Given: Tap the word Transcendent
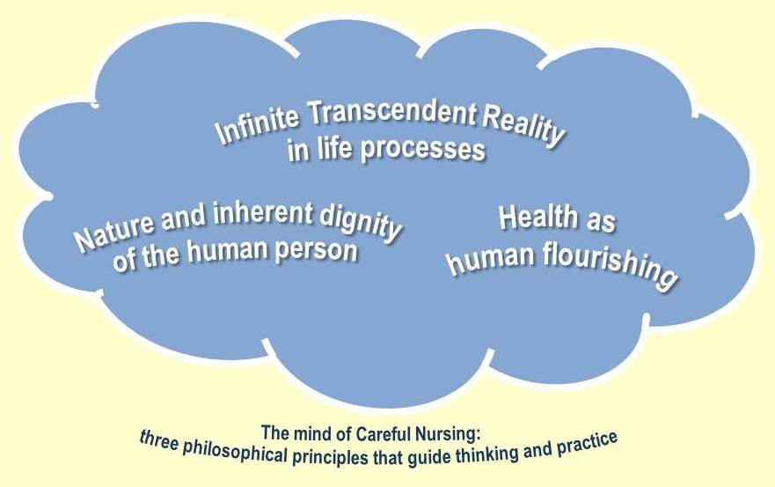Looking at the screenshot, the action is [x=391, y=113].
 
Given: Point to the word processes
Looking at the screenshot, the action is [x=422, y=148].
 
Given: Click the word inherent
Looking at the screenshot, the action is [x=262, y=213].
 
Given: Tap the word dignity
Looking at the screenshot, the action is [x=361, y=224].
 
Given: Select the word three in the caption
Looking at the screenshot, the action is [x=158, y=440].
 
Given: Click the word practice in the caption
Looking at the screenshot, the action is [x=587, y=443].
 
